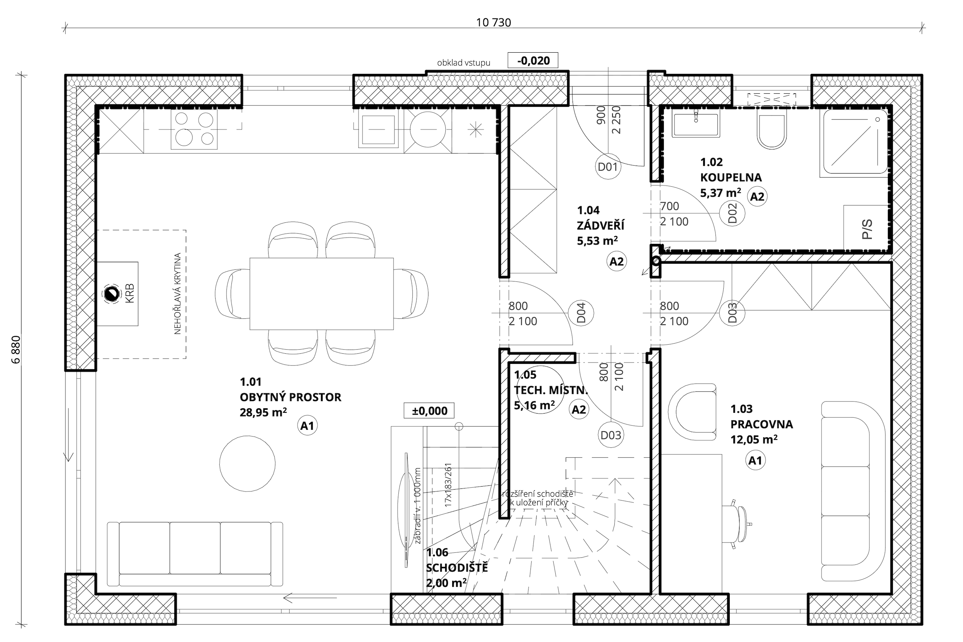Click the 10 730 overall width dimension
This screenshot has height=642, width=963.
493,23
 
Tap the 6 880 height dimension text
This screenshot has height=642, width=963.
17,350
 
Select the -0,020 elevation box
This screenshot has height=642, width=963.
533,61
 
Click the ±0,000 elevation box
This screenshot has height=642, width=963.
429,411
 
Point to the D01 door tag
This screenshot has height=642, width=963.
608,167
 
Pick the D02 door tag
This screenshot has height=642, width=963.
732,213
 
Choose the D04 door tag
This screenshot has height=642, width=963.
581,313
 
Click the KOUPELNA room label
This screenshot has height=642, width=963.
731,177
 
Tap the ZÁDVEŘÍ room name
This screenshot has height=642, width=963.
601,225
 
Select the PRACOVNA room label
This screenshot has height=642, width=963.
762,424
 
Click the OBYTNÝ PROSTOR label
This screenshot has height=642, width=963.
290,397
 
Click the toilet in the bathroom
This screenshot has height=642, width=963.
772,130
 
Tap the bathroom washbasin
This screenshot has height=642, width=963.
696,125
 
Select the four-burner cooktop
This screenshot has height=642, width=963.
194,129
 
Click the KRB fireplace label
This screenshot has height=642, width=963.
130,294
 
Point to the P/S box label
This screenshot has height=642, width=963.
867,229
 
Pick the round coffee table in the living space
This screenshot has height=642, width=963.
247,464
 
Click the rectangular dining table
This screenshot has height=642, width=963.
322,294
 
